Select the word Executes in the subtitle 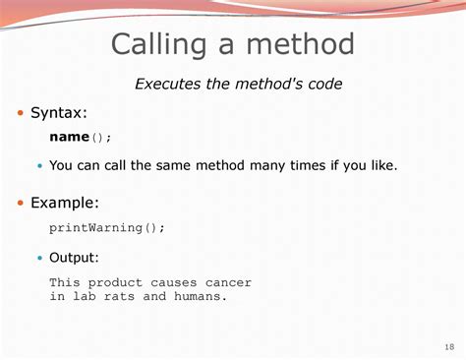168,85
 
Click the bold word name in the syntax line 69,138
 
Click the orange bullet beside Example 20,204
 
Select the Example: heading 65,204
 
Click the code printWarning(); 107,227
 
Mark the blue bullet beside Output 40,258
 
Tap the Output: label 74,258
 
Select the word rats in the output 122,296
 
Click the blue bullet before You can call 40,166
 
